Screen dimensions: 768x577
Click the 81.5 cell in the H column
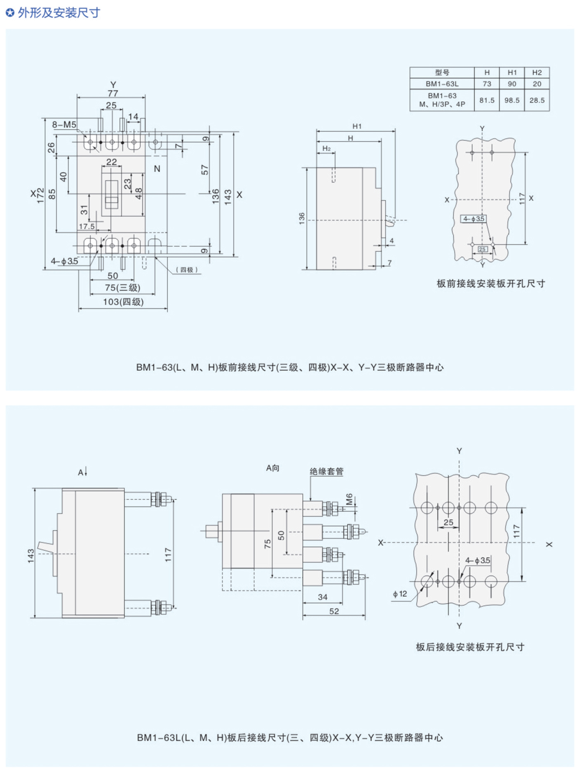tap(487, 100)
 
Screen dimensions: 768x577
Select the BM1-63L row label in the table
tap(442, 84)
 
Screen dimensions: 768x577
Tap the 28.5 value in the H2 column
tap(537, 100)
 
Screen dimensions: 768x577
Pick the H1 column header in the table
tap(512, 73)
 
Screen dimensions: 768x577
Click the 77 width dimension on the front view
tap(113, 93)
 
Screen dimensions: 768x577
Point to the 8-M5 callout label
tap(64, 124)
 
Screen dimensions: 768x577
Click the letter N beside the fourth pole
tap(157, 169)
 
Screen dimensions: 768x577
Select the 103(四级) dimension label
tap(123, 302)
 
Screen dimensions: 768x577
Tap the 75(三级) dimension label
tap(122, 288)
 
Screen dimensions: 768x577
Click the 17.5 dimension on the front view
tap(87, 226)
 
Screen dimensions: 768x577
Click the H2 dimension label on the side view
tap(326, 148)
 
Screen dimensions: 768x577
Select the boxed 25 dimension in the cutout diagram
tap(482, 249)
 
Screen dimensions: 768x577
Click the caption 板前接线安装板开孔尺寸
tap(491, 283)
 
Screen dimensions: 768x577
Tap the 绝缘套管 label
tap(326, 471)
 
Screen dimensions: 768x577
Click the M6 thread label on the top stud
tap(349, 499)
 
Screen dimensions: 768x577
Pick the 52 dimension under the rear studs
tap(334, 611)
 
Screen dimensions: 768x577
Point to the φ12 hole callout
tap(400, 594)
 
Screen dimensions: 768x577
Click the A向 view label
tap(272, 468)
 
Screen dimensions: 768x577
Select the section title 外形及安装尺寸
tap(59, 13)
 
